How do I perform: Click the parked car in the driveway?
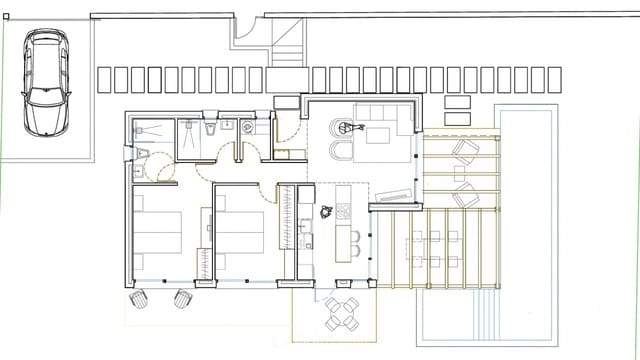(45, 82)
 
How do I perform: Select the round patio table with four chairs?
(340, 313)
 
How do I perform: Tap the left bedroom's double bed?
(158, 232)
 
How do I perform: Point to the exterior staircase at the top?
(287, 44)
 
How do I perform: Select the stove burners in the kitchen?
(342, 211)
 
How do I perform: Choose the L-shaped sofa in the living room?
(385, 120)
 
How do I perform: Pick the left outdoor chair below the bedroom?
(140, 298)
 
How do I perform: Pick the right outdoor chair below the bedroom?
(183, 298)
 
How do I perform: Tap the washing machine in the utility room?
(247, 127)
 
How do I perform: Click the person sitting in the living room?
(346, 127)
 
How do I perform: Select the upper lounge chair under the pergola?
(465, 151)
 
